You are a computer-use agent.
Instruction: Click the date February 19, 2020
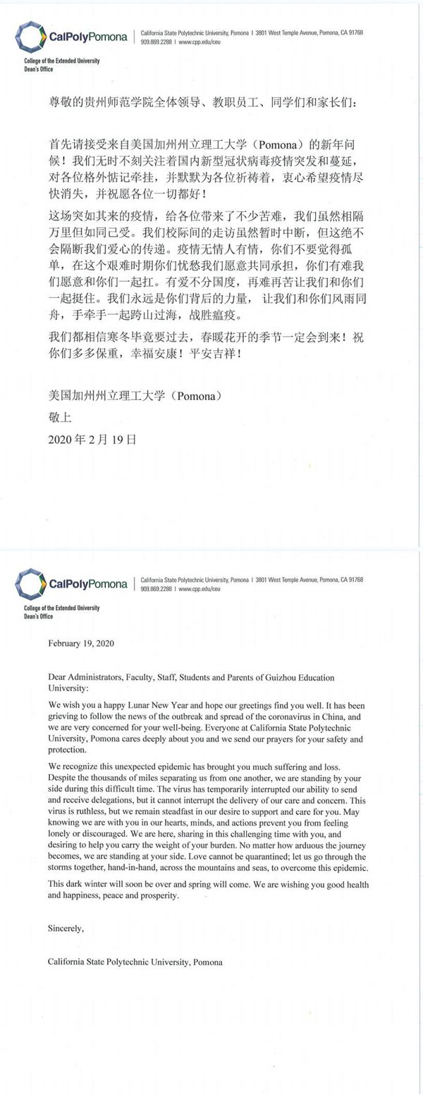coord(81,643)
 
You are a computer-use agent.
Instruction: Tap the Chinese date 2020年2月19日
coord(92,439)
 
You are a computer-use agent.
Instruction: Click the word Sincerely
coord(66,928)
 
